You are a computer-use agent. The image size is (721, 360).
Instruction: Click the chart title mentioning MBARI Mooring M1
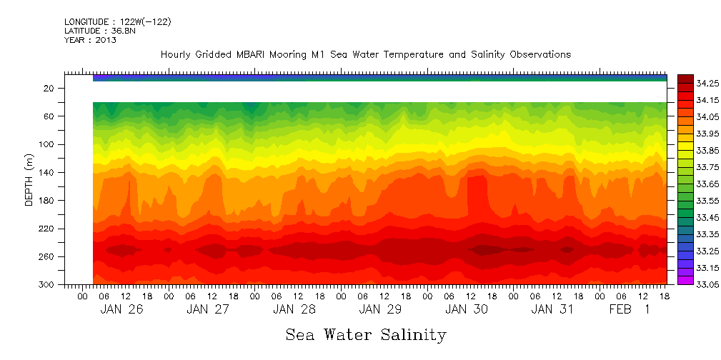click(x=365, y=54)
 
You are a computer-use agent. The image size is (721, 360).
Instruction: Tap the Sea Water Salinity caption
click(x=365, y=334)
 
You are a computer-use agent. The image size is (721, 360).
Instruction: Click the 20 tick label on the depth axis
click(x=49, y=89)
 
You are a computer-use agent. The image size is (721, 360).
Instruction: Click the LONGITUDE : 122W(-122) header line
click(x=117, y=22)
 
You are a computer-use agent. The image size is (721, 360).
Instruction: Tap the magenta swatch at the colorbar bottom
click(x=685, y=281)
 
